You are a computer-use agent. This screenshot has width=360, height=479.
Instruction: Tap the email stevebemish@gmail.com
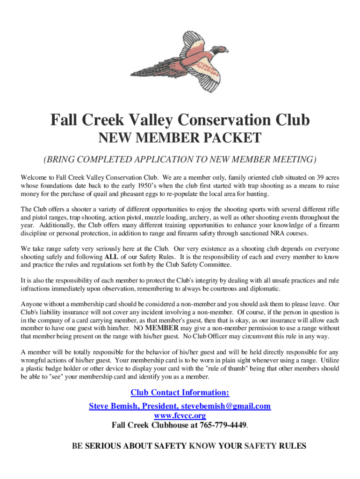coord(224,406)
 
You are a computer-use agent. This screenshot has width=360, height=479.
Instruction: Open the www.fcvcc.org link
coord(180,415)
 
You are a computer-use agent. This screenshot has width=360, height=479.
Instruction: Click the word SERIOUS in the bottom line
coord(102,446)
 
